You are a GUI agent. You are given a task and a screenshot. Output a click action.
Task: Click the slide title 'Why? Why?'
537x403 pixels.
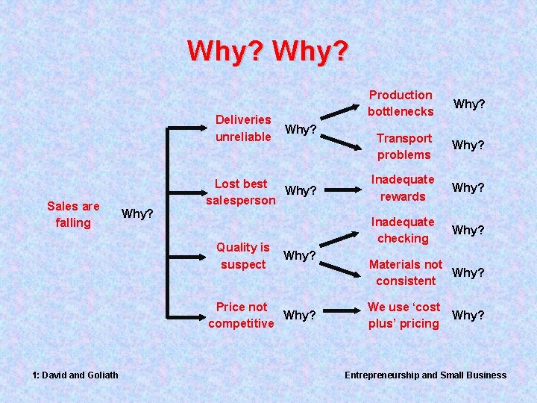268,51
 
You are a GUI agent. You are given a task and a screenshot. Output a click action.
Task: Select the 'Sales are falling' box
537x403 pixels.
73,214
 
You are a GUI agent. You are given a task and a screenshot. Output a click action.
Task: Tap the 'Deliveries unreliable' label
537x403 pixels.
243,128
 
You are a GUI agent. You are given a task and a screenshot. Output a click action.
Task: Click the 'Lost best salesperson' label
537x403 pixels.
241,192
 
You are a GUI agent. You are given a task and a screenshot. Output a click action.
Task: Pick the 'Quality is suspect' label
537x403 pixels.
243,256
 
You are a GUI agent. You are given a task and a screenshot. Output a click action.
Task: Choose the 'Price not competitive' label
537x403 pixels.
241,315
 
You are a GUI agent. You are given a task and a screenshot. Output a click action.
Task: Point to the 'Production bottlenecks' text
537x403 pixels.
401,103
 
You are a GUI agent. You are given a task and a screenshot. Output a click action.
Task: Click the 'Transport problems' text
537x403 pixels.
404,146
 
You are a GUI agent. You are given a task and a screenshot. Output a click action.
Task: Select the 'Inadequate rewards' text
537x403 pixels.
403,188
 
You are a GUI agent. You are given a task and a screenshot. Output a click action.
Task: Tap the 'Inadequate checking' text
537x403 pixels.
403,230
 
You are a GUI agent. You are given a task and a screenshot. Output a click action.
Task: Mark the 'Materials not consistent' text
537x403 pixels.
406,272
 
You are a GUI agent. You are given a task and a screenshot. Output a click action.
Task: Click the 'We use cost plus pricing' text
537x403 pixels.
403,315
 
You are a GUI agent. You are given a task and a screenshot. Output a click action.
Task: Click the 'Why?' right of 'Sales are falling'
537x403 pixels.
137,214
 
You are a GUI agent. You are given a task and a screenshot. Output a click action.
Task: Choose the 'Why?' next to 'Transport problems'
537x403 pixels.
470,146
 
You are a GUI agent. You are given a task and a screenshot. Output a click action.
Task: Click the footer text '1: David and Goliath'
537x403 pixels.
74,375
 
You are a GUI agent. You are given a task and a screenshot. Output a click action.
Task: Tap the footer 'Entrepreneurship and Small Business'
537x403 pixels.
425,375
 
